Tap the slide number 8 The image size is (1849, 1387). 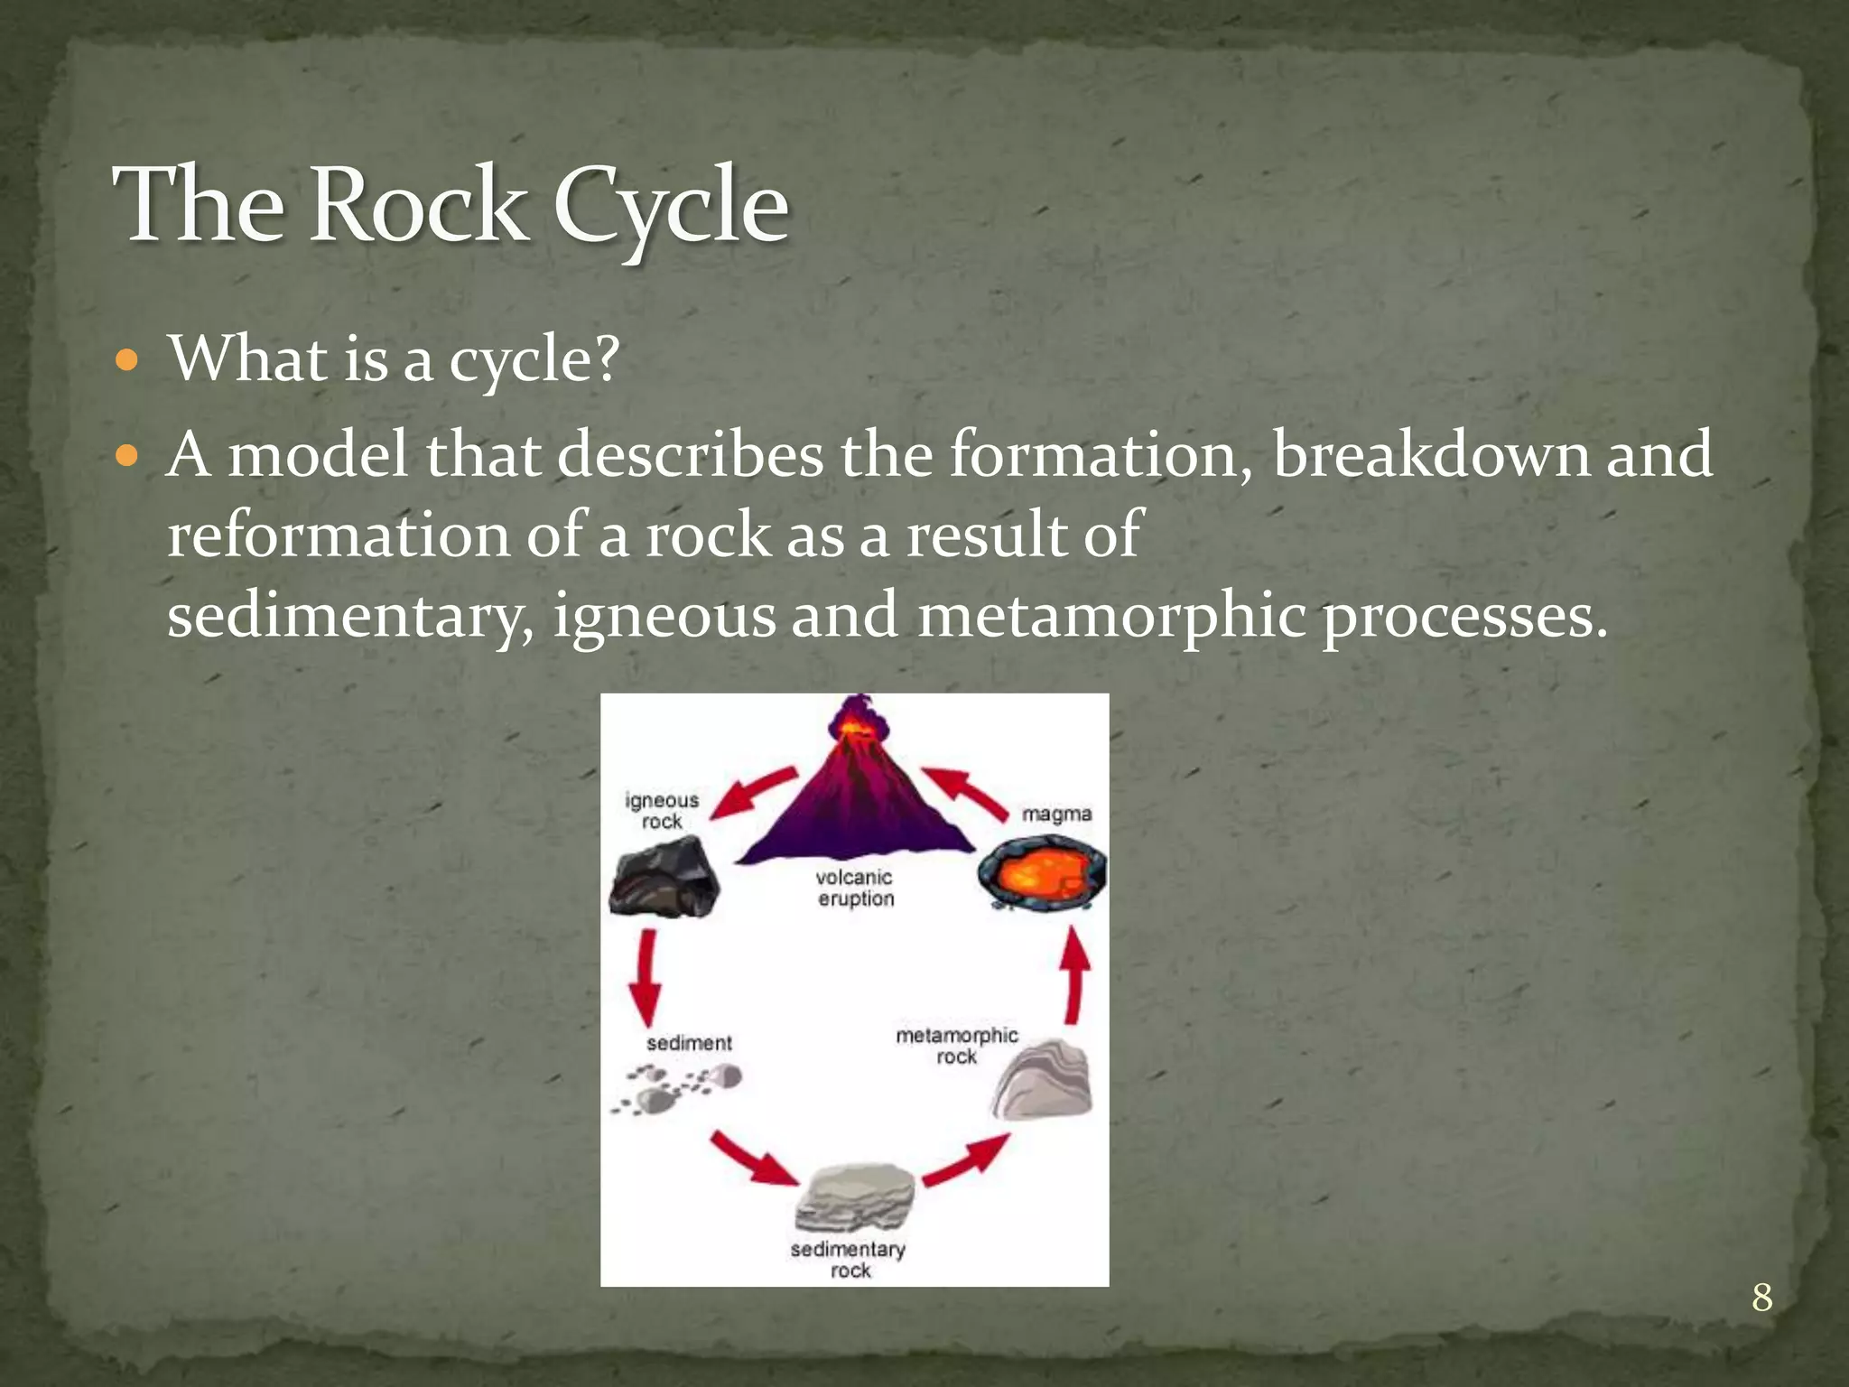pyautogui.click(x=1761, y=1298)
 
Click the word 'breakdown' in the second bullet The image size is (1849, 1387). pyautogui.click(x=1430, y=454)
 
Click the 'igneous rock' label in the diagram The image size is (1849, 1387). pyautogui.click(x=662, y=810)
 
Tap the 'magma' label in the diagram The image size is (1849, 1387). pyautogui.click(x=1056, y=815)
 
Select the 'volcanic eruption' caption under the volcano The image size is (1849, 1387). pyautogui.click(x=855, y=888)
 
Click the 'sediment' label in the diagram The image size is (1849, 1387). pyautogui.click(x=689, y=1043)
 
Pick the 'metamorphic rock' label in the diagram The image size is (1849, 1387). pyautogui.click(x=956, y=1045)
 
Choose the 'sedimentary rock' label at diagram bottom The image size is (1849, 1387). pyautogui.click(x=848, y=1259)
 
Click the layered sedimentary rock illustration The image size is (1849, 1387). pyautogui.click(x=855, y=1196)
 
